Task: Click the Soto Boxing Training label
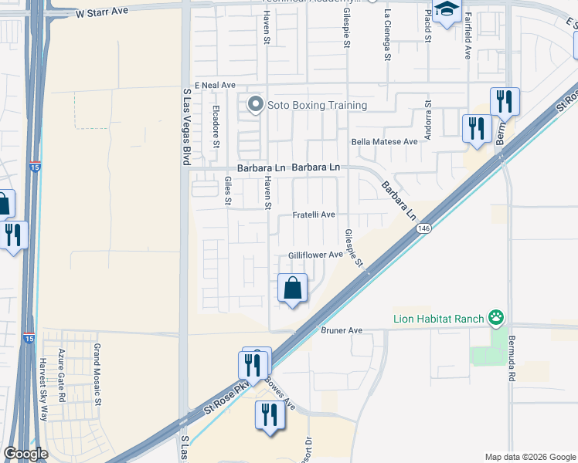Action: [x=317, y=105]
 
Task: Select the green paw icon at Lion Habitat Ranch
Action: [x=496, y=317]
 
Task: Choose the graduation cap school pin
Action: [x=447, y=11]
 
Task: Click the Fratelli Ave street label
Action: [x=313, y=215]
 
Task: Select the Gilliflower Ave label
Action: [x=315, y=255]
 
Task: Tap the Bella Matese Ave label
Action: [x=384, y=141]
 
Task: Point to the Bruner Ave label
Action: [x=342, y=330]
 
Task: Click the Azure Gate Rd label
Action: [x=62, y=374]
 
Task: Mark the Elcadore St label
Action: [x=216, y=126]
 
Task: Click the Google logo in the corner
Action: [x=26, y=454]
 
